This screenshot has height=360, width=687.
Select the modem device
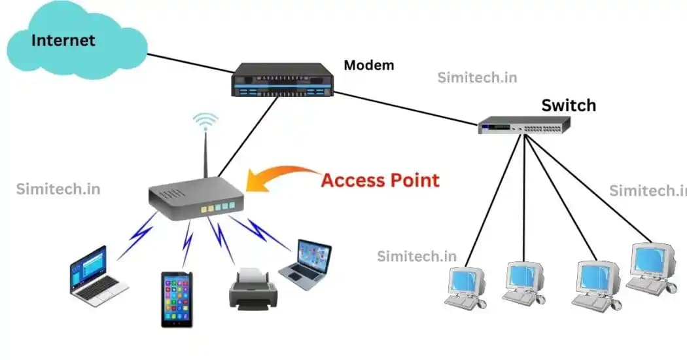pos(283,80)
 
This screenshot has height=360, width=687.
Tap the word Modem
pos(369,65)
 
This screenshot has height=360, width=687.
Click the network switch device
pos(524,125)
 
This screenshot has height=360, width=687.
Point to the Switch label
pos(569,105)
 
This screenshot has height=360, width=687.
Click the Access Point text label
pos(379,180)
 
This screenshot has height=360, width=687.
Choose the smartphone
pos(177,299)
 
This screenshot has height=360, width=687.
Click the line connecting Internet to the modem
pos(190,63)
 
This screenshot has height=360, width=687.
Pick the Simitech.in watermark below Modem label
pos(477,78)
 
